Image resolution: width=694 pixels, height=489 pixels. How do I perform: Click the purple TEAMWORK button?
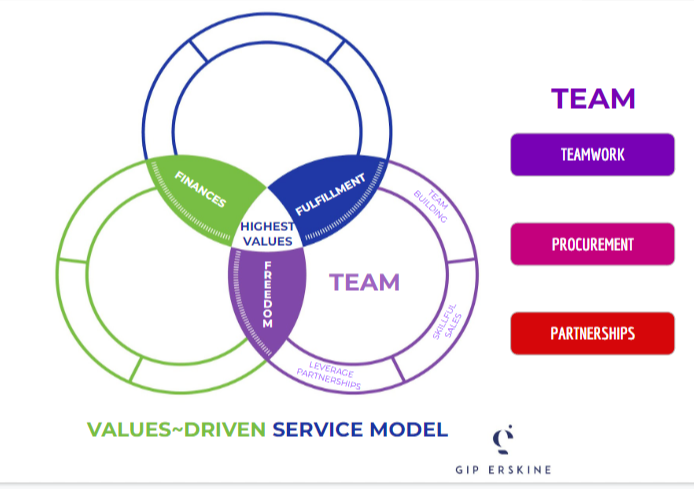tap(592, 155)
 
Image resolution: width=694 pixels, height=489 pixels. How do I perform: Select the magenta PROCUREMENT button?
tap(592, 244)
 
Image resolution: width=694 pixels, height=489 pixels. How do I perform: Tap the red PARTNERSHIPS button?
tap(592, 333)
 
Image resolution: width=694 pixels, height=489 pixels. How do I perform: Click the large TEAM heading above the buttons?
tap(593, 98)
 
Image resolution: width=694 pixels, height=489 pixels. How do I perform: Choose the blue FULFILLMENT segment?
tap(330, 191)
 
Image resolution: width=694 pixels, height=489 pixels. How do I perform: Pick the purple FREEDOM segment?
tap(267, 297)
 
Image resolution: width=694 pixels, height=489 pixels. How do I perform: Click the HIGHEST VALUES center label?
tap(267, 233)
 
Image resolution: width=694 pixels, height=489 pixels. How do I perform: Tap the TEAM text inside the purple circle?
tap(364, 283)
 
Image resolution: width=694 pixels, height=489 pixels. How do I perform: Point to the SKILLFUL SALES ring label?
tap(445, 321)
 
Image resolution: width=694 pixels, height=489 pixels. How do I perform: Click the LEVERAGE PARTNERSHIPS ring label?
tap(329, 372)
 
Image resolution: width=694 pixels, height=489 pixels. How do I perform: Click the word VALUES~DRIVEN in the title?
tap(176, 430)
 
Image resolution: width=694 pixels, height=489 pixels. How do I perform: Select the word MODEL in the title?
tap(409, 430)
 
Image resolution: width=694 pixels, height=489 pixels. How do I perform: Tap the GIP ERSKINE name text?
tap(503, 469)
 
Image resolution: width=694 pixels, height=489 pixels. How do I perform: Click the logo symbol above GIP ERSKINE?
tap(503, 439)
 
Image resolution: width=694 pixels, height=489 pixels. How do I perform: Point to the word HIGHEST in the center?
tap(267, 226)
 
